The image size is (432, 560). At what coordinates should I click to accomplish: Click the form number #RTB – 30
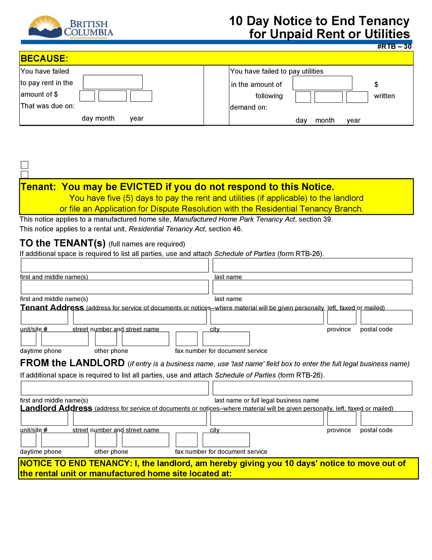394,46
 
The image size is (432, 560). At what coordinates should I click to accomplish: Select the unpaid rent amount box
113,82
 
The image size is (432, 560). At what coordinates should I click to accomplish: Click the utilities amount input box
322,83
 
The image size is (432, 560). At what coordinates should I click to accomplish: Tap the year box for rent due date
141,96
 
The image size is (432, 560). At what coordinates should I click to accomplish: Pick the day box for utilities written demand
303,97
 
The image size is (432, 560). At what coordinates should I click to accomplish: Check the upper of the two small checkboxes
25,165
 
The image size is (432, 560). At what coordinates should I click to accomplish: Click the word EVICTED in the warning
141,187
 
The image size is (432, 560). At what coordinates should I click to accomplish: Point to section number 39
327,219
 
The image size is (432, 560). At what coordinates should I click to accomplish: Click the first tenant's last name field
312,265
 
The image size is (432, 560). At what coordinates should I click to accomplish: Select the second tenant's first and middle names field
115,287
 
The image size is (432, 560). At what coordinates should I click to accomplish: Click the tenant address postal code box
386,317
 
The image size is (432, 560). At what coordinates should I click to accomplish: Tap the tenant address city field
267,317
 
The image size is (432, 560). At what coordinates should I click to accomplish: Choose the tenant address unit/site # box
44,317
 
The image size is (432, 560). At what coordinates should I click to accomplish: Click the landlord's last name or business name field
312,388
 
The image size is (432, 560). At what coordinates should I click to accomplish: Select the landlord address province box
342,418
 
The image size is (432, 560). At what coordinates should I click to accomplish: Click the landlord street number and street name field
140,418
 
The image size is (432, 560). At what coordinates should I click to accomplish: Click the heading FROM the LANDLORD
72,363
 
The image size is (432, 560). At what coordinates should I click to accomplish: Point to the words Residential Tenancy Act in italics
167,229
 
